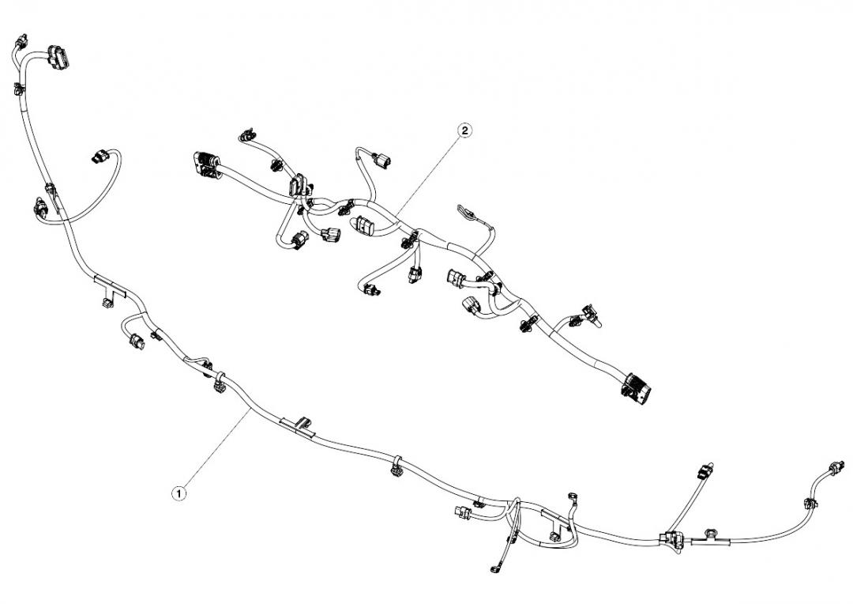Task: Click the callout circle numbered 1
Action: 179,493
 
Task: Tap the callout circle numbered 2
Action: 464,130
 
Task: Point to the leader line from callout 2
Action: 429,172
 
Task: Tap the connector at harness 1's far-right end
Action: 837,466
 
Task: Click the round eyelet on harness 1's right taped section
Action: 711,533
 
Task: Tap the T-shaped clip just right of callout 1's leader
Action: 298,425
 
